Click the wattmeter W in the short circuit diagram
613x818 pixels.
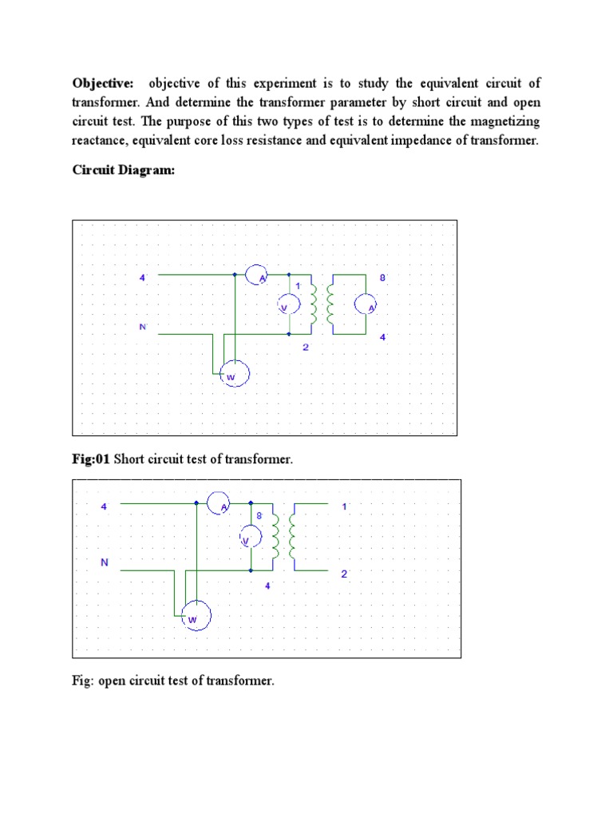pos(235,374)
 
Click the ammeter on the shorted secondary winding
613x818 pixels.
pos(366,304)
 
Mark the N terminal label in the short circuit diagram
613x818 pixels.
pos(142,327)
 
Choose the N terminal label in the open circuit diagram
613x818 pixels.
pos(104,562)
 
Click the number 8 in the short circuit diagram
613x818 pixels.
pos(382,278)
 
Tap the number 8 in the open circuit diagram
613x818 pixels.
pos(259,517)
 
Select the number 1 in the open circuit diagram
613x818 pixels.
pos(344,506)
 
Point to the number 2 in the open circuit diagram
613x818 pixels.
pos(344,574)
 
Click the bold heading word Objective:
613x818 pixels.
pos(102,84)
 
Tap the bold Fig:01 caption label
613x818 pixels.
pos(91,459)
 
